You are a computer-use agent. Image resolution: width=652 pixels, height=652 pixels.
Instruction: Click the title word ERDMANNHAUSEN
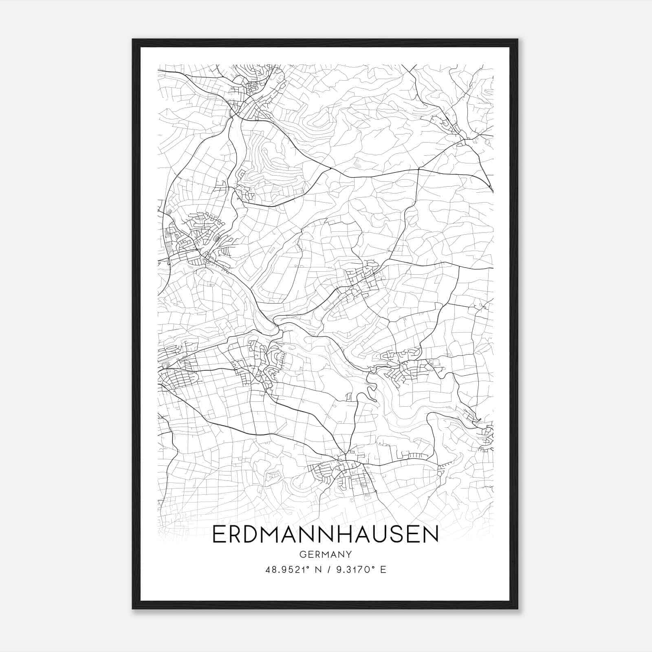point(325,535)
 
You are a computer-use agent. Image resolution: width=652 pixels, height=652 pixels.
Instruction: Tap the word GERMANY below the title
point(325,554)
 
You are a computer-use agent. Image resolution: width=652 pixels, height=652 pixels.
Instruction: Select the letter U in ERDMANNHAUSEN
point(376,535)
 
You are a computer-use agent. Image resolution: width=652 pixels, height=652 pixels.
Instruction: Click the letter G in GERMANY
point(302,554)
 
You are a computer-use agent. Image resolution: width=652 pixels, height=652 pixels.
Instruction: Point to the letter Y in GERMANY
point(348,554)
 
